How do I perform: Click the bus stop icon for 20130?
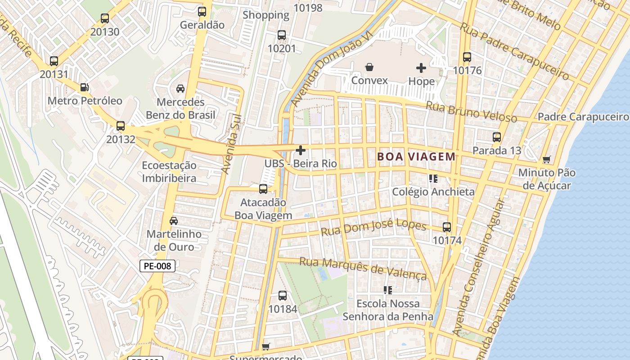click(105, 18)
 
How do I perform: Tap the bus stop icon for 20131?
click(54, 61)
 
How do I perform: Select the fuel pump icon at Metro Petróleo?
click(84, 87)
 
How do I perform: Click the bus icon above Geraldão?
click(202, 12)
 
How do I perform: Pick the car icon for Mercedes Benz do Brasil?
click(180, 89)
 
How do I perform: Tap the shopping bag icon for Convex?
click(369, 67)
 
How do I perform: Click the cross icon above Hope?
click(421, 68)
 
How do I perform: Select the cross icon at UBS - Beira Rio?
click(301, 150)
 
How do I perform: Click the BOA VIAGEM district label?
click(416, 157)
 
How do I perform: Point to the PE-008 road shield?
click(157, 266)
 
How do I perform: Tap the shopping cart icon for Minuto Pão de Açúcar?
click(547, 159)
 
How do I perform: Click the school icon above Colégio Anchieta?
click(433, 179)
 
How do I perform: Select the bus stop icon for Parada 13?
click(497, 137)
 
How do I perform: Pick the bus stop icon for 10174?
click(447, 227)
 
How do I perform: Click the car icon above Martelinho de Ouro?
click(174, 221)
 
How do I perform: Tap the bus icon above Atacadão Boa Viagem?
click(263, 189)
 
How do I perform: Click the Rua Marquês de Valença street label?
click(363, 268)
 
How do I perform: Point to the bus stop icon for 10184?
click(283, 296)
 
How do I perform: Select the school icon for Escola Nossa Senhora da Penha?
click(388, 290)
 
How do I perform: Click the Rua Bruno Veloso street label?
click(471, 112)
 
